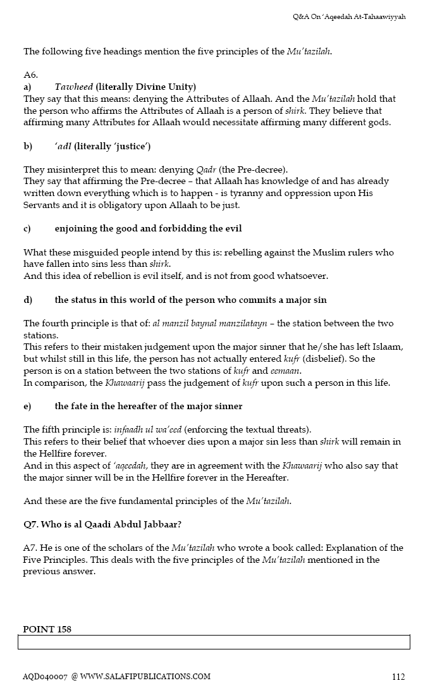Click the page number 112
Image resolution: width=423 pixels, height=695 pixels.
coord(398,677)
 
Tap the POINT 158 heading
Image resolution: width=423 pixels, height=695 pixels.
coord(47,629)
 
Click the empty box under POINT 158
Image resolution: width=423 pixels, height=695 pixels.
coord(214,643)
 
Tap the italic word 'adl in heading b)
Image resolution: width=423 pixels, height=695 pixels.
coord(63,146)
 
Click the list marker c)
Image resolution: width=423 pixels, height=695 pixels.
coord(28,229)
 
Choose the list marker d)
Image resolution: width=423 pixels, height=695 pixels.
coord(28,300)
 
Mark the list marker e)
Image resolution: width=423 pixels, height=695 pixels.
coord(28,406)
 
